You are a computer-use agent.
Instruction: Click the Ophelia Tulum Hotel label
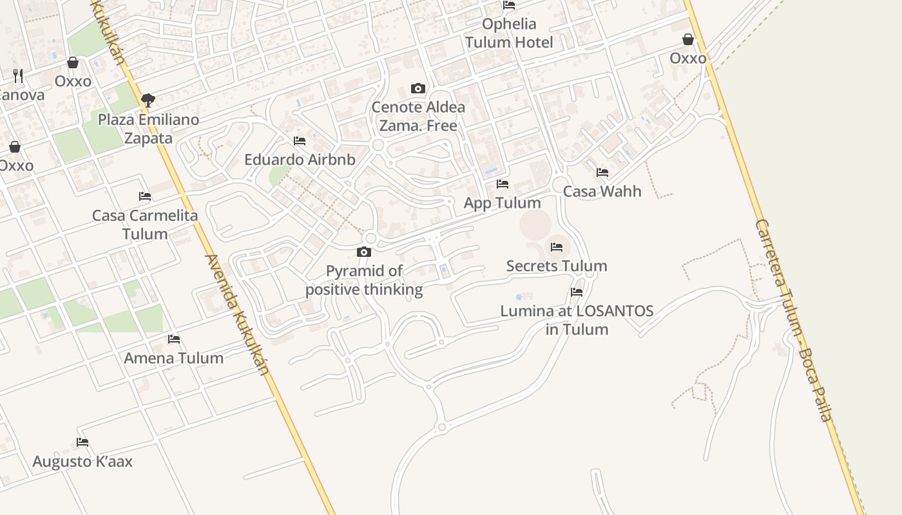509,33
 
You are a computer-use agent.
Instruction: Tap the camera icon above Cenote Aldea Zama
418,88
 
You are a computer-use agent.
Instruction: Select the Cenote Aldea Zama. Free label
418,117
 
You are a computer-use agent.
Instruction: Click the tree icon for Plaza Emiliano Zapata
148,100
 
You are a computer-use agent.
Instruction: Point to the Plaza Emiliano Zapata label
148,129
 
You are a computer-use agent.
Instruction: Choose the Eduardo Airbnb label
300,160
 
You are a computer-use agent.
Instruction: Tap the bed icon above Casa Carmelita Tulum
145,196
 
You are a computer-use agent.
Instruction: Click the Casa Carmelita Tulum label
145,225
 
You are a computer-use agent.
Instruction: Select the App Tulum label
503,203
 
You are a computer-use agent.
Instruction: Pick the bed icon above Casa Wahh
602,173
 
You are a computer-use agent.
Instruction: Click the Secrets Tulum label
557,266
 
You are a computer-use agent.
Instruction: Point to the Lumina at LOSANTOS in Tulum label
577,320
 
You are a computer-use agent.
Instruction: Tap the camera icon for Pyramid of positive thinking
364,252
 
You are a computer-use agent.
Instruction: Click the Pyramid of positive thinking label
364,281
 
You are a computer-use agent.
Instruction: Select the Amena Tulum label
174,359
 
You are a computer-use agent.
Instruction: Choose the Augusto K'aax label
82,462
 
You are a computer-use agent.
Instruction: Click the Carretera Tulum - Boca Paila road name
794,320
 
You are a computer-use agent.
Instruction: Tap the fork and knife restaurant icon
18,76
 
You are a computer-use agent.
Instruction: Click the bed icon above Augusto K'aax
82,442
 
